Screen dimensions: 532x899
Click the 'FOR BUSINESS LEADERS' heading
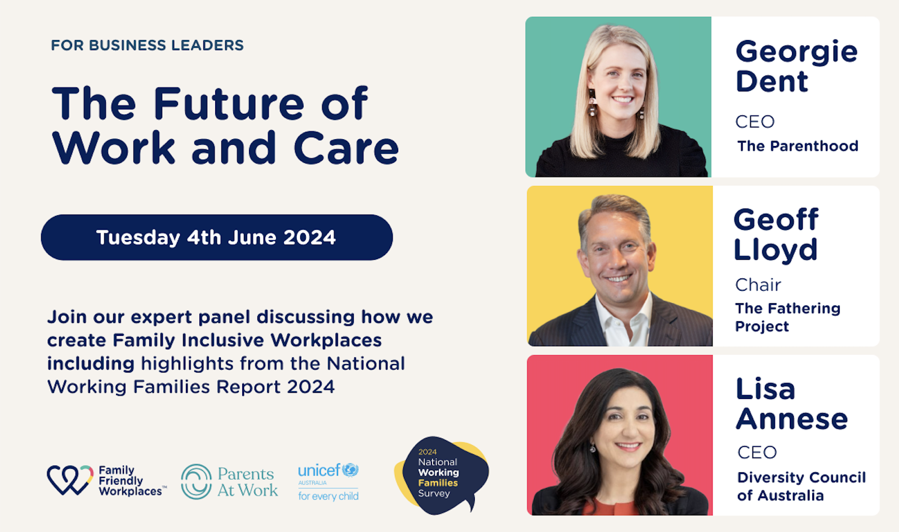pos(147,45)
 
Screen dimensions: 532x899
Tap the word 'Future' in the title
pos(229,104)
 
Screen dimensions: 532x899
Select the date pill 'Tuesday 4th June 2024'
pos(216,237)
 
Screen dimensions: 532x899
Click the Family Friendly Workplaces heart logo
pos(69,480)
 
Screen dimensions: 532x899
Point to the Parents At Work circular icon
pos(196,481)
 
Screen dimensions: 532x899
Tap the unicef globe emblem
pos(350,469)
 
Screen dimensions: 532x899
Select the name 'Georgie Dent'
pos(796,66)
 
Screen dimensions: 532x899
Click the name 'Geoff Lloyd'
pos(776,234)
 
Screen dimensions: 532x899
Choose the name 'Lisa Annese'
pos(791,404)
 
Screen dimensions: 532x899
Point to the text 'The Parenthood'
pos(798,146)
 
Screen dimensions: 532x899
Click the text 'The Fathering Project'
pos(787,317)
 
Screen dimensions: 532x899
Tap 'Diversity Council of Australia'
pos(801,486)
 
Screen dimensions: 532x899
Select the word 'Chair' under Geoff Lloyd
pos(758,285)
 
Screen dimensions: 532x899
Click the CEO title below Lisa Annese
pos(756,452)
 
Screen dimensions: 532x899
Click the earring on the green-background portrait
pos(592,105)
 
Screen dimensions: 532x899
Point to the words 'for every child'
pos(328,496)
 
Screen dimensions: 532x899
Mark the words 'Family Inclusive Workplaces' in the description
pos(247,340)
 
